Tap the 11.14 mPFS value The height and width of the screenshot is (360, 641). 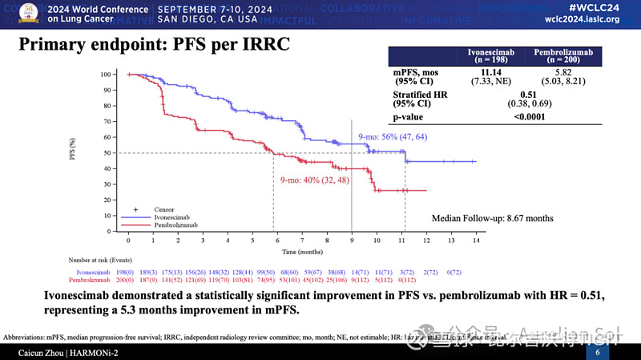[x=492, y=72]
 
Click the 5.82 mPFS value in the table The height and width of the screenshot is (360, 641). [x=558, y=72]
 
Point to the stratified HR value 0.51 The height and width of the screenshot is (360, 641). [x=524, y=95]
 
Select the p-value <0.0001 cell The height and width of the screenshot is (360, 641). [x=525, y=118]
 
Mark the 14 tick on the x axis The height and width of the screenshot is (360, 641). [x=475, y=241]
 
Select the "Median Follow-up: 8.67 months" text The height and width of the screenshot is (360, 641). [x=492, y=218]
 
